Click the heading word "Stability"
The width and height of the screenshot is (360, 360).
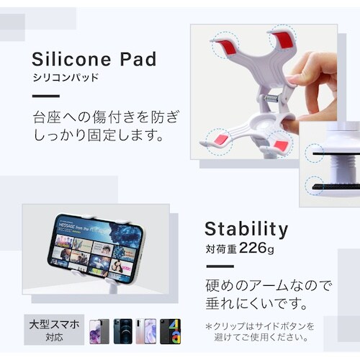click(x=246, y=229)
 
